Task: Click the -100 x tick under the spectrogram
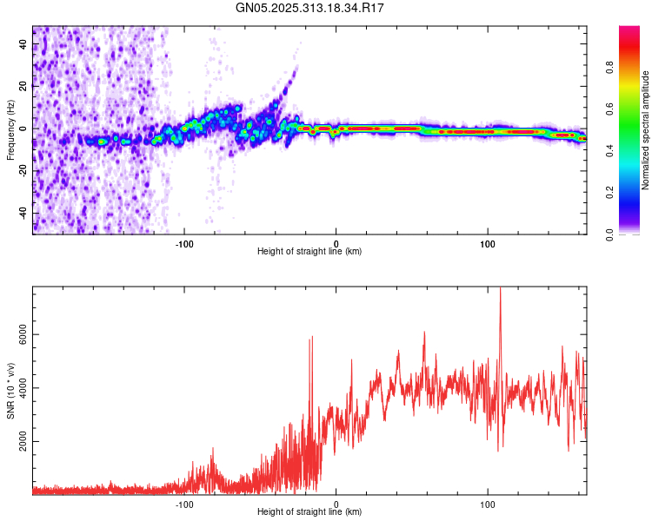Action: point(184,243)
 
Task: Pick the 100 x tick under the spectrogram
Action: point(488,243)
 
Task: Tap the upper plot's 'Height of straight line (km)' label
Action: point(309,252)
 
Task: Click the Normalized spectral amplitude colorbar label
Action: point(645,130)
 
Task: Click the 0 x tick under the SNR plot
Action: point(336,504)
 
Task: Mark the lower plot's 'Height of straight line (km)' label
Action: point(309,512)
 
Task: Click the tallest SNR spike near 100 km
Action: point(500,290)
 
